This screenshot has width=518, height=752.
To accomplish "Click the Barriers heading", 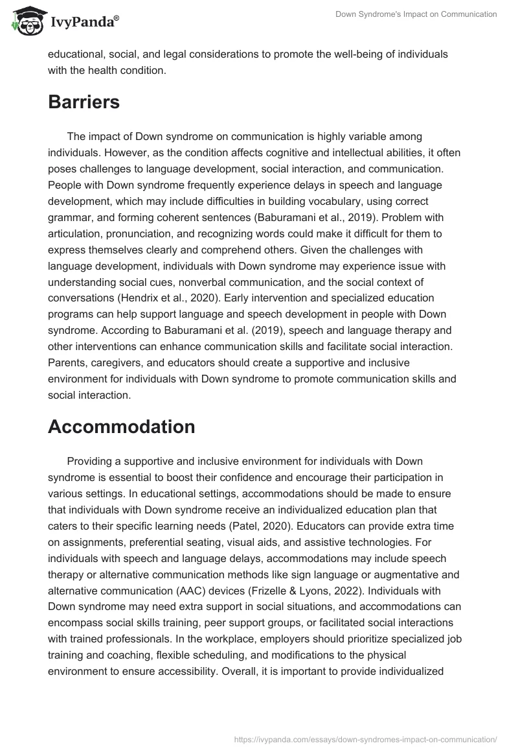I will (84, 102).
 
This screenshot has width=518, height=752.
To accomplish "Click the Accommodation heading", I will (121, 427).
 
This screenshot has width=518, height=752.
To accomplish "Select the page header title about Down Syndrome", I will (416, 14).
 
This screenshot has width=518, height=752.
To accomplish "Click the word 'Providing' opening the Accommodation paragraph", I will (89, 461).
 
